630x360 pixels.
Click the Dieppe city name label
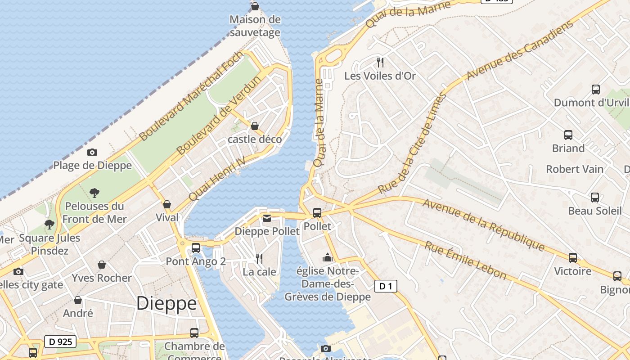166,303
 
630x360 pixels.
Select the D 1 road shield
386,286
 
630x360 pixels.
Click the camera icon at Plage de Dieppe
92,153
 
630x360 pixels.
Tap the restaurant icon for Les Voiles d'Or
381,62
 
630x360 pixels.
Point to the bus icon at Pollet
317,213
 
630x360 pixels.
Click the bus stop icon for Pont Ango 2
196,248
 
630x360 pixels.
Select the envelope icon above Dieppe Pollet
267,218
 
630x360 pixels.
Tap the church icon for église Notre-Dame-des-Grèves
328,258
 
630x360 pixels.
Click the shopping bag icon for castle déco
255,126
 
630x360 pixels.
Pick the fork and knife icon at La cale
259,258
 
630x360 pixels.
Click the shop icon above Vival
167,205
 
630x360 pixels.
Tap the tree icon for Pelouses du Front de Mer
94,193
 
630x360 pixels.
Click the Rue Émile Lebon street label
465,261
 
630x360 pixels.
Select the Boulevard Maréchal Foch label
191,96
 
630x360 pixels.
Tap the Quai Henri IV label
217,179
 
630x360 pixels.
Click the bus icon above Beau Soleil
595,197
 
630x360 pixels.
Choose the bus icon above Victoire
573,258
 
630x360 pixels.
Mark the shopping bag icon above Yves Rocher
102,265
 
